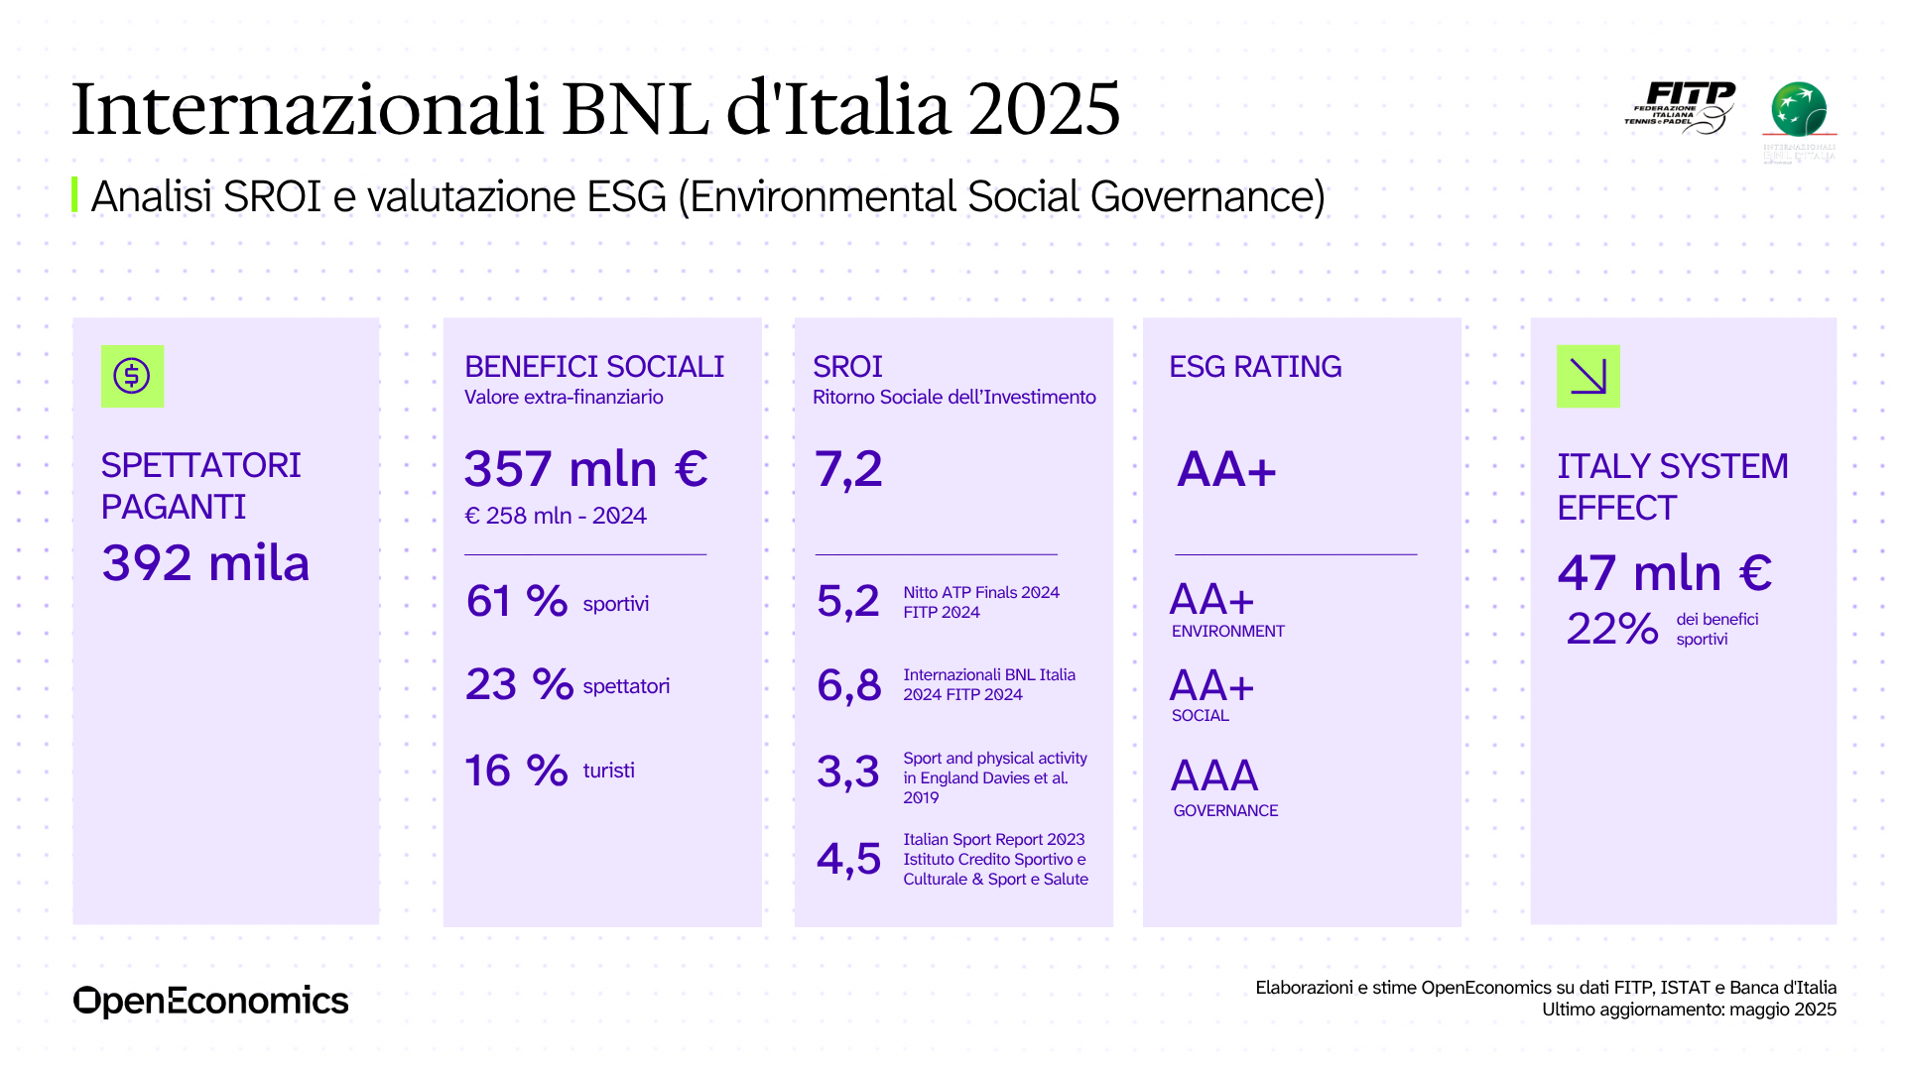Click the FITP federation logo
[1681, 107]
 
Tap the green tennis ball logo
[1799, 109]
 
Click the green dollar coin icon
[132, 376]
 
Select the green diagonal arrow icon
[1587, 376]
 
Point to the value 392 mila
[205, 563]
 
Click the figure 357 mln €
[585, 469]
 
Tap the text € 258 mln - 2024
[556, 516]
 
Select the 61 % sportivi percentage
[517, 601]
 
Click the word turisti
[608, 771]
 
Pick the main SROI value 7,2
[848, 469]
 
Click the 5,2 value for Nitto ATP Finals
[848, 601]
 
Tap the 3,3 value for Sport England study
[848, 772]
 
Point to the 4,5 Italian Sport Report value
[848, 859]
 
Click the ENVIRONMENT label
[1227, 632]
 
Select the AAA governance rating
[1214, 775]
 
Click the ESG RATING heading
[1255, 367]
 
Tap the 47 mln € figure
[1665, 573]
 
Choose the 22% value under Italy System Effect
[1612, 629]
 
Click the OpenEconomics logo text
[210, 1001]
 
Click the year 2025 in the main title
[1044, 108]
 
